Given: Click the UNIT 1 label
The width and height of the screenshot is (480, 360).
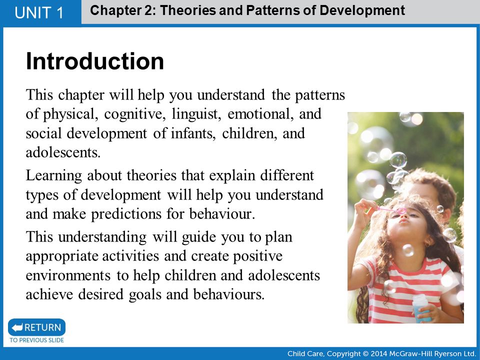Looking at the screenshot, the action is pyautogui.click(x=39, y=13).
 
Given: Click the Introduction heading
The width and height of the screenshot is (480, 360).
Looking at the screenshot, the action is pyautogui.click(x=95, y=61).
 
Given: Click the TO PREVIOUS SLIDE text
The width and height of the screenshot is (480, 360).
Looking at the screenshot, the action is pyautogui.click(x=36, y=340).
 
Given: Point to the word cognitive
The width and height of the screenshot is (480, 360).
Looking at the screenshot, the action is pyautogui.click(x=133, y=114).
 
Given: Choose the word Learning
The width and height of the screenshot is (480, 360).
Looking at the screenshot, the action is pyautogui.click(x=54, y=176).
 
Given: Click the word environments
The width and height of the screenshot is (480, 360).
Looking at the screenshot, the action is pyautogui.click(x=68, y=275).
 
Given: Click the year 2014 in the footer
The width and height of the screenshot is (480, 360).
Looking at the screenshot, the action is pyautogui.click(x=378, y=354).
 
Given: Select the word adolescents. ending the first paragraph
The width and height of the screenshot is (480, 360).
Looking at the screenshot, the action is pyautogui.click(x=63, y=152).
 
